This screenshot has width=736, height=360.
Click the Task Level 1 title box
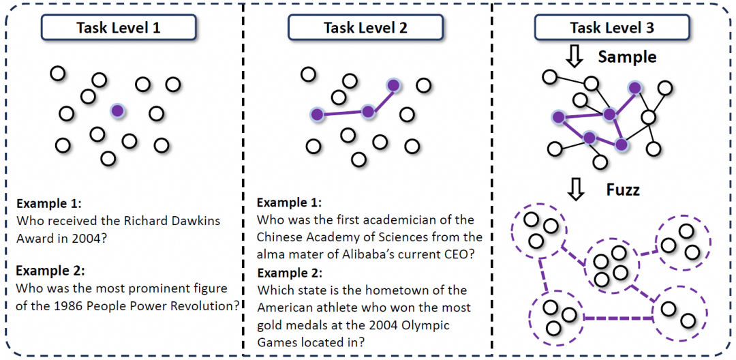pos(119,27)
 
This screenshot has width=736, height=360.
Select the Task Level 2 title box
pos(365,27)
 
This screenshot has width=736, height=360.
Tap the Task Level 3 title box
pos(613,27)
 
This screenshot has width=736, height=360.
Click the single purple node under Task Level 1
pos(117,110)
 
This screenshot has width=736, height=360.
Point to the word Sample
pos(627,57)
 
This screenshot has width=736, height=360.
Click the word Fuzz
pos(623,189)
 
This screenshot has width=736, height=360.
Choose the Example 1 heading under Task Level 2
pos(289,202)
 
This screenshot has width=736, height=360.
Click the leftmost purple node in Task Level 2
pos(316,115)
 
